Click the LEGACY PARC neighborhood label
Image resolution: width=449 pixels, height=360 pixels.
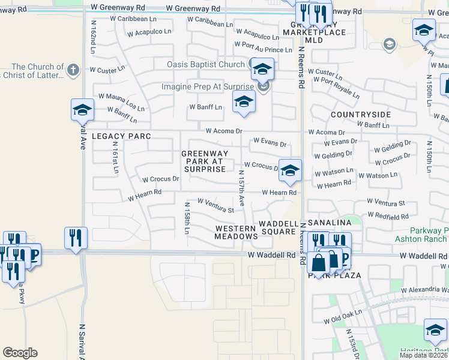[121, 137]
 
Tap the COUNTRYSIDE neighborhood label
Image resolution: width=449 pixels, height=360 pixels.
[361, 115]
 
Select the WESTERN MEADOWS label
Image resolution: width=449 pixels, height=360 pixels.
[236, 233]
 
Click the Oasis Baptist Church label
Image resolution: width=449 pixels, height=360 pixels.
[206, 64]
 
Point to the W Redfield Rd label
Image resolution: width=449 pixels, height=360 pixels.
[388, 216]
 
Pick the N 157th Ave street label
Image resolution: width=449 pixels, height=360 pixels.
[241, 189]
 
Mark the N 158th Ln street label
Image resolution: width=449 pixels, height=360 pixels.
[187, 220]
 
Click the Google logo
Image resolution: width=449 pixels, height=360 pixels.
[20, 353]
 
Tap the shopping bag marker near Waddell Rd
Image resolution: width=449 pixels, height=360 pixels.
[319, 262]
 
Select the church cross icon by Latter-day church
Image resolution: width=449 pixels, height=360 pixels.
[73, 69]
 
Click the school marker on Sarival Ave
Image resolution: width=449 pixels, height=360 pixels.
[82, 110]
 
